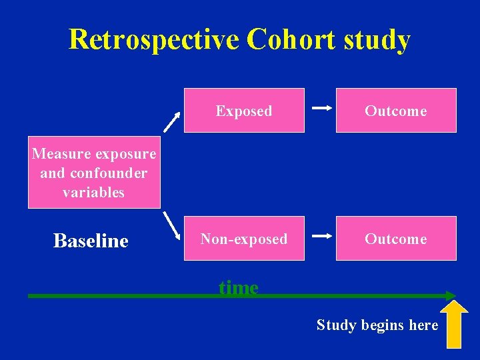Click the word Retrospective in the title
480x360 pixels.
[154, 39]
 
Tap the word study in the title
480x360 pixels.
[377, 41]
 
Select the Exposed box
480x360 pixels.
[244, 111]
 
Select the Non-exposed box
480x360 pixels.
[244, 239]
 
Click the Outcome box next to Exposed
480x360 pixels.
[395, 111]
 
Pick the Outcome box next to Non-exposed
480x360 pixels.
[395, 239]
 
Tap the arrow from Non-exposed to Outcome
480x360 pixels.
[322, 236]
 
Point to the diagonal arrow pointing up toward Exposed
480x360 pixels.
[172, 121]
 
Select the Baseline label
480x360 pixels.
[91, 241]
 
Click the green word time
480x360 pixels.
[239, 287]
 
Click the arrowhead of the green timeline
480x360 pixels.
[451, 295]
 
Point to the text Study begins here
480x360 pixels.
[377, 325]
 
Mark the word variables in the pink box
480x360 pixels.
[93, 193]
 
